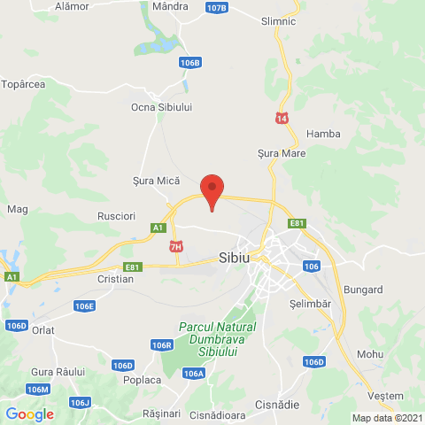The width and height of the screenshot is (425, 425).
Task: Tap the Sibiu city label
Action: [234, 259]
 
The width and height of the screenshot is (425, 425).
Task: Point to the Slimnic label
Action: [280, 21]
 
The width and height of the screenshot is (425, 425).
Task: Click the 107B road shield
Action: [215, 8]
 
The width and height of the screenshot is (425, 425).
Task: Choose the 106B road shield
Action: [189, 63]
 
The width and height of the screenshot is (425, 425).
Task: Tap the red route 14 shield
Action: [282, 118]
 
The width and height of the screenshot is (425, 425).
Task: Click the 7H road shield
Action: [176, 246]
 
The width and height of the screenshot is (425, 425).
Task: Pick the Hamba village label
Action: [322, 134]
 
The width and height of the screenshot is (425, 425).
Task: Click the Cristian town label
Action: [116, 279]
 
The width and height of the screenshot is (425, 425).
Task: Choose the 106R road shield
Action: [160, 345]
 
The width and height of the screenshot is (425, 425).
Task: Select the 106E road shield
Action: [84, 305]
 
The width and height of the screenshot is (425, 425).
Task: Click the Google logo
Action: [29, 413]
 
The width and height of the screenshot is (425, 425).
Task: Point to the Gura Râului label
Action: [57, 371]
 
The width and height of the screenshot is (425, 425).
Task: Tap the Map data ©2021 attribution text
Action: [387, 418]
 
